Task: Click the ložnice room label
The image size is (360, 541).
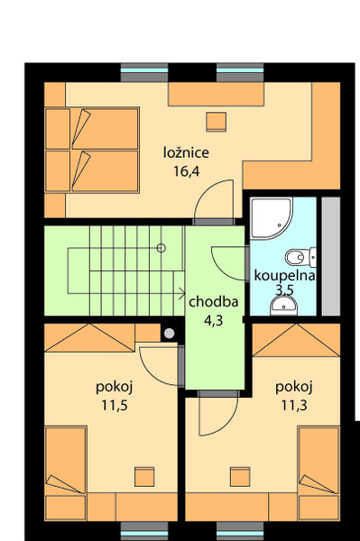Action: coord(186,152)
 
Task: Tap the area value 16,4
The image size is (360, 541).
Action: coord(187,170)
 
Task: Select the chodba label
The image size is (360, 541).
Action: coord(214,302)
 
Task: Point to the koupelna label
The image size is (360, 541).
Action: coord(284,276)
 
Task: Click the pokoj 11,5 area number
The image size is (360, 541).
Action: coord(115,405)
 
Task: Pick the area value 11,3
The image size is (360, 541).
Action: coord(294,405)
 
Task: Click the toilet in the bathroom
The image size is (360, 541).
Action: coord(301,257)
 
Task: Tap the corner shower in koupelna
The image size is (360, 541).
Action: coord(272,218)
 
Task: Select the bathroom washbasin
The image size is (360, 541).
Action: coord(283,307)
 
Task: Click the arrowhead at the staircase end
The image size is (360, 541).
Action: coord(182,293)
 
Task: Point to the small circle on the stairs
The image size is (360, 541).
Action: coord(162,248)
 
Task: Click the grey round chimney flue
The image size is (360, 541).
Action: coord(169,334)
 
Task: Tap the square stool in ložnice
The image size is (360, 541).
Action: coord(216,122)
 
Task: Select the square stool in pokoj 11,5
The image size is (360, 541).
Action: coord(144,476)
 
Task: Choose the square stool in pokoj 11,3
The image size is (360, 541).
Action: coord(240,476)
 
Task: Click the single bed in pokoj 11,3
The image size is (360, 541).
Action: coord(318,473)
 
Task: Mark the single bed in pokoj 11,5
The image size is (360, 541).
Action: coord(66,473)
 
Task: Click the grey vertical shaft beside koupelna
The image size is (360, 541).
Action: coord(331,256)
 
